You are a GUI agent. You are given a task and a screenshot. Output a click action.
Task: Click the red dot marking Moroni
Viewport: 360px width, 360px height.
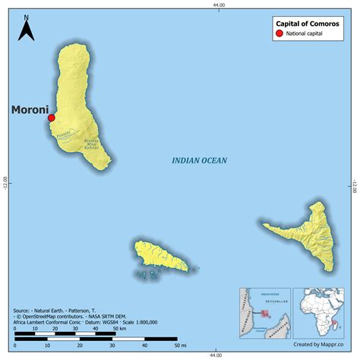(x=51, y=118)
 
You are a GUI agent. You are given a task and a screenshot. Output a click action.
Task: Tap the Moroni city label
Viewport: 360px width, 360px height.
(x=29, y=110)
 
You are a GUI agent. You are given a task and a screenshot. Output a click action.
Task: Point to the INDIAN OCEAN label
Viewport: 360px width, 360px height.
(x=200, y=160)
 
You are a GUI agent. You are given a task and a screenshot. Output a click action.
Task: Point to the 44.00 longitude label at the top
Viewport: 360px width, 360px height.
(x=219, y=5)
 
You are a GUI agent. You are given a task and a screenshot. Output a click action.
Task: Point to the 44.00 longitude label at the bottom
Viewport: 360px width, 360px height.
(x=219, y=355)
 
